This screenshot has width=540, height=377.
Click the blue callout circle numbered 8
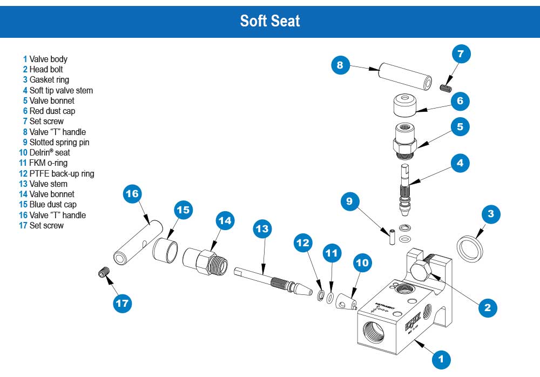[340, 66]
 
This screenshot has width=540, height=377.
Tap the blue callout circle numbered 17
[123, 303]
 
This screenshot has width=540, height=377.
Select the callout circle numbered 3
[491, 214]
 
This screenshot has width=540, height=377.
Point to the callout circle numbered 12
[303, 243]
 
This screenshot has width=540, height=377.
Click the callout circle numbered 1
[441, 358]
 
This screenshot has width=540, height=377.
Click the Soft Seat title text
[270, 21]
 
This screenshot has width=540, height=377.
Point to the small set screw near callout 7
[446, 88]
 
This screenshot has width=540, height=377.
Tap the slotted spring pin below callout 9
[390, 237]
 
